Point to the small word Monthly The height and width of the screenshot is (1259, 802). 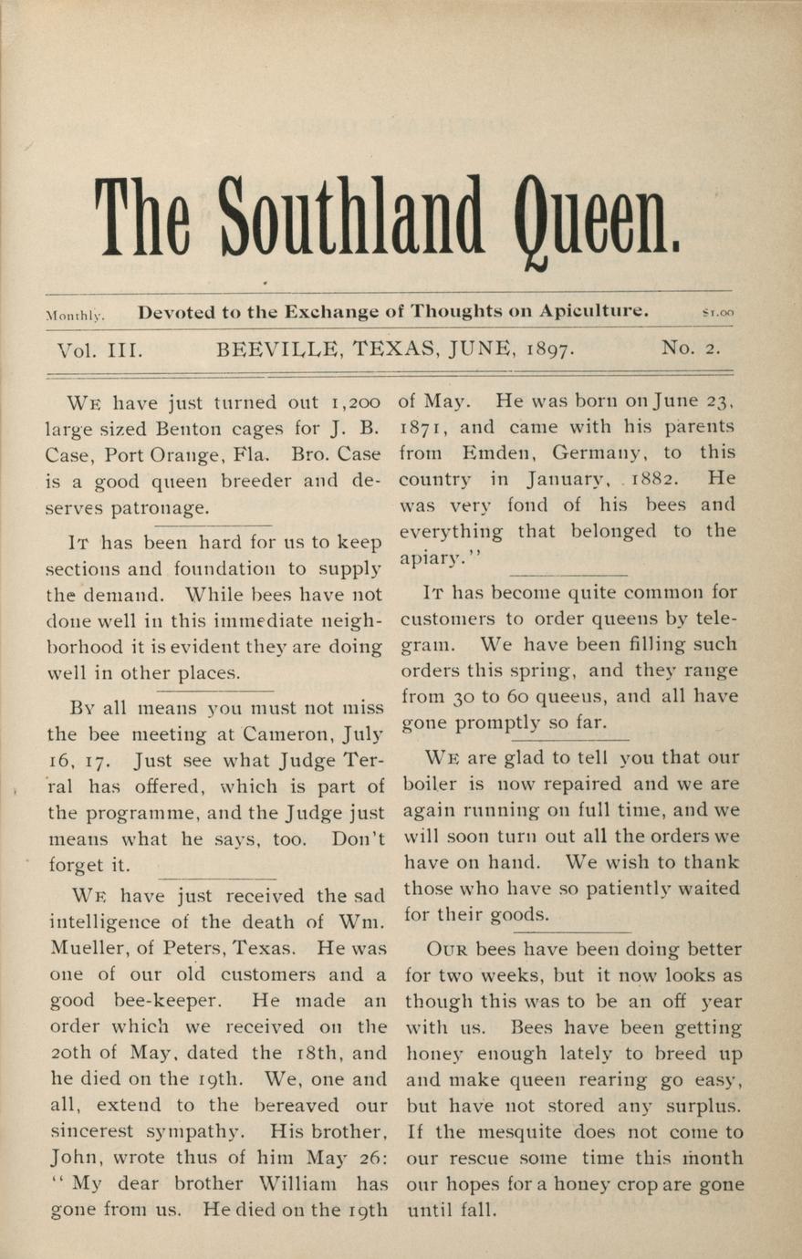[75, 315]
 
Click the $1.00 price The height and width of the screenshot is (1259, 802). [717, 313]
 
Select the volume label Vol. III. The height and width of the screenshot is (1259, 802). [100, 349]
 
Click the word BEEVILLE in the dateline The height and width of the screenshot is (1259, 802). [277, 349]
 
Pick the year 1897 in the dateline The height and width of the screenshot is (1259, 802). [547, 349]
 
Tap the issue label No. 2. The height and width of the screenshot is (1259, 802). [691, 348]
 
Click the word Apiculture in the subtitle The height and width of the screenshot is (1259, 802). [593, 311]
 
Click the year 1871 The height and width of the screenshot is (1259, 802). [422, 427]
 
